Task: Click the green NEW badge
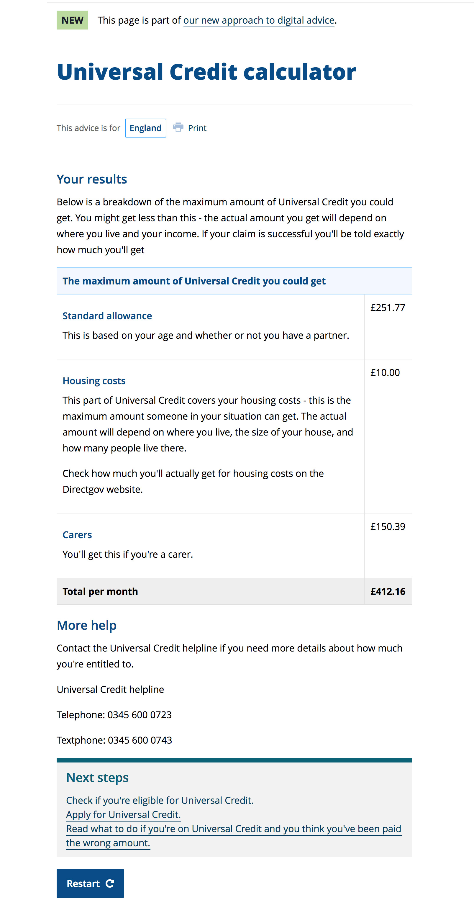tap(72, 20)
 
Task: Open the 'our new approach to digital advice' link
tap(259, 20)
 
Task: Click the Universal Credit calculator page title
tap(206, 72)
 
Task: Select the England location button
tap(145, 128)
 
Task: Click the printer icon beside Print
tap(178, 127)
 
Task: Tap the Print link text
tap(197, 128)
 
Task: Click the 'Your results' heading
tap(92, 179)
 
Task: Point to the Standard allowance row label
tap(107, 316)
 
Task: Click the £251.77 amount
tap(388, 307)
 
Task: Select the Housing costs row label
tap(94, 381)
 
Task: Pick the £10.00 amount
tap(385, 372)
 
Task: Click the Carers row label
tap(77, 535)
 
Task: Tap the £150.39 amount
tap(388, 526)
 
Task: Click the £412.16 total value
tap(388, 592)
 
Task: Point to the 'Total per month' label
tap(100, 592)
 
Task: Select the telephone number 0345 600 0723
tap(139, 715)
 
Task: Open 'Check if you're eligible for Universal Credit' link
tap(160, 800)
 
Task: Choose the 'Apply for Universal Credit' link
tap(123, 815)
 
